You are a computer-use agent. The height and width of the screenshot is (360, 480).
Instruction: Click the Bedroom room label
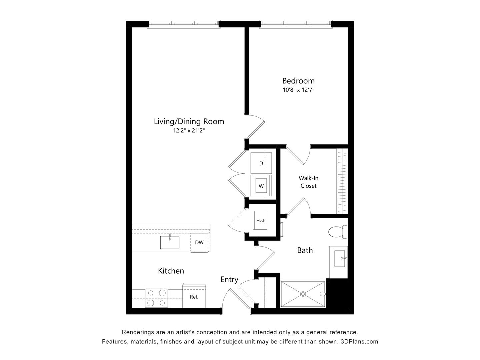298,81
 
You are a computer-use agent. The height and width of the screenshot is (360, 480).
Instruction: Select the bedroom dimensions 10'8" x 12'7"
298,90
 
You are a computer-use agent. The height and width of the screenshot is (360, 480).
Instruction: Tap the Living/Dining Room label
189,121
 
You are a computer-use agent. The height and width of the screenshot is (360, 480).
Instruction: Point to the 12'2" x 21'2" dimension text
189,131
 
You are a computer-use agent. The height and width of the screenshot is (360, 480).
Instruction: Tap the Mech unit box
261,220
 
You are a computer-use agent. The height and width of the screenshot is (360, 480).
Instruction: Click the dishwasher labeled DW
199,243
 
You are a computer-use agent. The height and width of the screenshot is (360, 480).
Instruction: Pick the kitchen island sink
170,242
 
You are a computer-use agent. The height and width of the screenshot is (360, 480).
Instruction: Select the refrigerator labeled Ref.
194,296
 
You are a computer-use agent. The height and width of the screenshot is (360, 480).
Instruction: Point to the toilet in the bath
337,232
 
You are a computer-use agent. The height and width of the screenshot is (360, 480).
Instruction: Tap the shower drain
303,294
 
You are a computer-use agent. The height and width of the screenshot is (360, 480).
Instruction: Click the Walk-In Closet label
308,182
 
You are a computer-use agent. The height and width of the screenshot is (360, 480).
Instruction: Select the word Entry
229,279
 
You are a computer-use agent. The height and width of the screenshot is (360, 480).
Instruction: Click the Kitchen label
171,271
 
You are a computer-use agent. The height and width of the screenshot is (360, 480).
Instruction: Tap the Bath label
305,250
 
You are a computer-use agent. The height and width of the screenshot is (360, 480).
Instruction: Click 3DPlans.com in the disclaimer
359,341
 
